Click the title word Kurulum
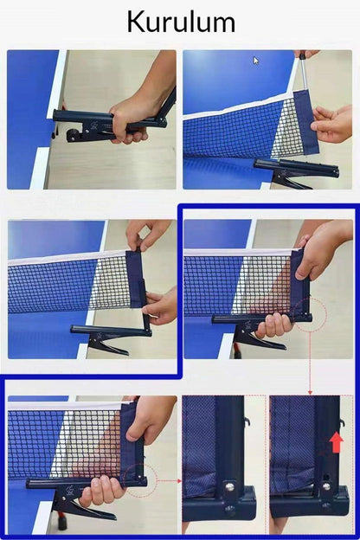pyautogui.click(x=181, y=22)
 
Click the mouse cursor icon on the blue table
pyautogui.click(x=256, y=61)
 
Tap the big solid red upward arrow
pyautogui.click(x=337, y=442)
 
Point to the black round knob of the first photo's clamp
pyautogui.click(x=73, y=135)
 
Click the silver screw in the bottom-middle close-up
pyautogui.click(x=230, y=487)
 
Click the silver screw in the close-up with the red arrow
pyautogui.click(x=326, y=486)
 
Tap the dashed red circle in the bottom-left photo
pyautogui.click(x=140, y=480)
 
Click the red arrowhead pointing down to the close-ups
pyautogui.click(x=310, y=392)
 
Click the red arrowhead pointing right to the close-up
pyautogui.click(x=179, y=481)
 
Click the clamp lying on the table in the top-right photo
pyautogui.click(x=297, y=173)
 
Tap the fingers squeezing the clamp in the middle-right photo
pyautogui.click(x=274, y=325)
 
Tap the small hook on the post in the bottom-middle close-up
pyautogui.click(x=247, y=421)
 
